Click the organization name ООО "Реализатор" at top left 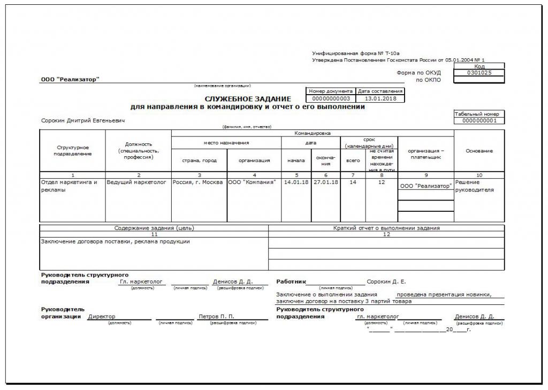click(x=70, y=80)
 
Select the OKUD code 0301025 click(x=478, y=73)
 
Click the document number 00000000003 click(x=330, y=98)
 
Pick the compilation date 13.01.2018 click(x=380, y=98)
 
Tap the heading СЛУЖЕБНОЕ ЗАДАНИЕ click(x=248, y=99)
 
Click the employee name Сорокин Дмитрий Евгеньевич click(x=83, y=121)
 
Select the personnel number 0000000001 click(x=479, y=121)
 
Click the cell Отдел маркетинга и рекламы click(x=69, y=186)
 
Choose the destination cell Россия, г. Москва click(x=197, y=182)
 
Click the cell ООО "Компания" click(x=252, y=182)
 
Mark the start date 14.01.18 click(x=295, y=182)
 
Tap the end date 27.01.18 click(x=325, y=182)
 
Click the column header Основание click(x=479, y=151)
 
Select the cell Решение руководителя click(x=474, y=186)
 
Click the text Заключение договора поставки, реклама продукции click(x=116, y=241)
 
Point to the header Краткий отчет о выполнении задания click(x=386, y=228)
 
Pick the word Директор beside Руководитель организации click(x=102, y=316)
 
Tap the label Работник click(x=291, y=281)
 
